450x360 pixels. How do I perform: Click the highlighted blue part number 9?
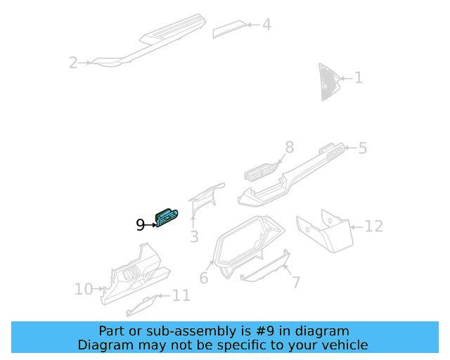coord(167,219)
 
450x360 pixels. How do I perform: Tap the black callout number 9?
coord(140,225)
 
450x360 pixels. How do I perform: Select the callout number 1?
coord(358,77)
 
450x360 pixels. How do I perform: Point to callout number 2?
coord(73,63)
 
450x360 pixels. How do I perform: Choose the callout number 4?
coord(266,25)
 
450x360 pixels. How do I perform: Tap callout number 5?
coord(362,148)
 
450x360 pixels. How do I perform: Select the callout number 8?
coord(288,148)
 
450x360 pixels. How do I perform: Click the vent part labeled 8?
coord(261,171)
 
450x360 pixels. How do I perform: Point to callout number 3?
coord(195,237)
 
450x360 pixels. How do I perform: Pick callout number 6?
coord(204,278)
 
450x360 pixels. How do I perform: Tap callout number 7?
coord(296,283)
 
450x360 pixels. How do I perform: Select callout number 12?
coord(373,226)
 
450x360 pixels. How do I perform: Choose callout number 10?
coord(84,289)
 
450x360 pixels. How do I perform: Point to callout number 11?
coord(181,295)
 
